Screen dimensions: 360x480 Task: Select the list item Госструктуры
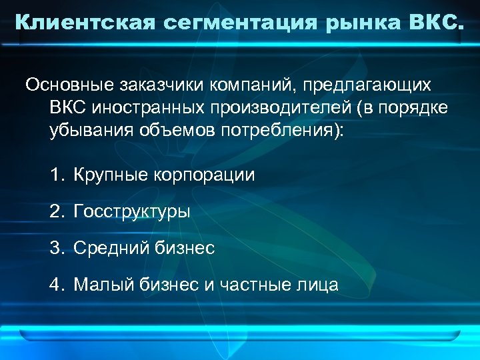tap(132, 212)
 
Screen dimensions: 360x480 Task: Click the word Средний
tap(105, 249)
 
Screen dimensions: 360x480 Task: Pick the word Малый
tap(98, 285)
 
